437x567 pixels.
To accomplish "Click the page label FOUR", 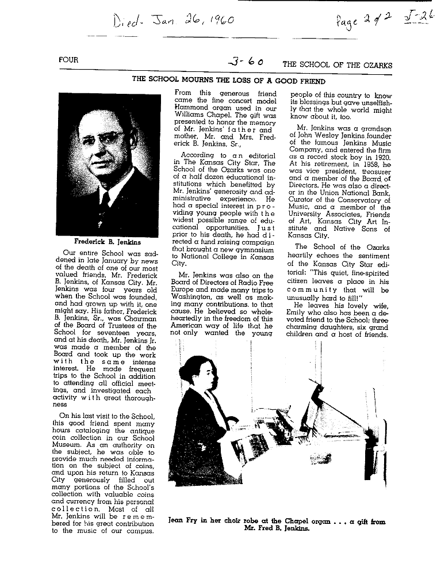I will [x=68, y=60].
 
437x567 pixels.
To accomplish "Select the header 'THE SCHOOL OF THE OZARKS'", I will [x=337, y=65].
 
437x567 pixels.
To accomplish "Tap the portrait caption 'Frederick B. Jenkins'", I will [x=106, y=242].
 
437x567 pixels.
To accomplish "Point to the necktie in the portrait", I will [x=104, y=201].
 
